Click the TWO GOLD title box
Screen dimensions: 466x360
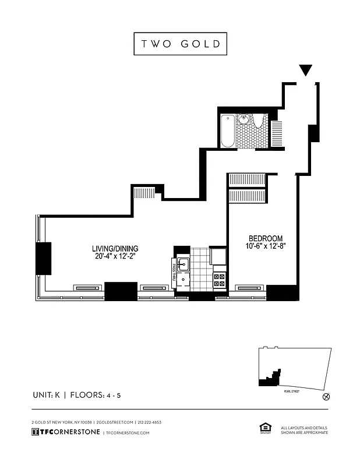point(180,44)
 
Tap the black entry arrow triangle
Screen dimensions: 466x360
point(306,70)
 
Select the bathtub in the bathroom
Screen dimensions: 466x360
point(227,130)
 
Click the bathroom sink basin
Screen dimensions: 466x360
point(245,120)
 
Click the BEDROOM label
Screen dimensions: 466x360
point(266,238)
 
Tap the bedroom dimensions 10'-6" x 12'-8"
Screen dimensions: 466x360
point(266,246)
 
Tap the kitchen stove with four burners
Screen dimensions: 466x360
point(220,280)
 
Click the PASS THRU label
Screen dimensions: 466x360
point(174,272)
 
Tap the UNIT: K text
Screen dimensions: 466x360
point(48,396)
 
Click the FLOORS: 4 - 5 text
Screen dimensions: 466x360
point(96,396)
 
